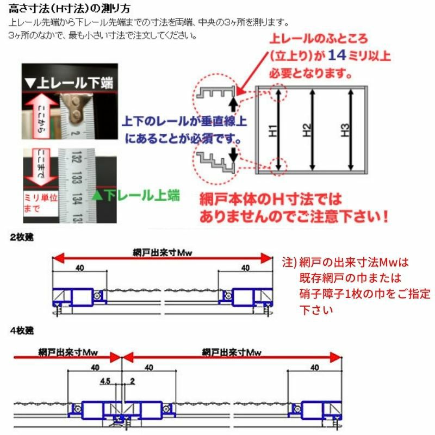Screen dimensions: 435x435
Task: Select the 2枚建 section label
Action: click(20, 238)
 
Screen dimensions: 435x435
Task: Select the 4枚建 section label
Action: click(20, 330)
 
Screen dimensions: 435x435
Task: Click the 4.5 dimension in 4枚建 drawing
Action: click(105, 383)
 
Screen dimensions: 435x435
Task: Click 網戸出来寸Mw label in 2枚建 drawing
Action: click(163, 252)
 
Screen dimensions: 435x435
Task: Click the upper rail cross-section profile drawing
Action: click(215, 94)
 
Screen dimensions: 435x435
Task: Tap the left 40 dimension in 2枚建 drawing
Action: click(79, 268)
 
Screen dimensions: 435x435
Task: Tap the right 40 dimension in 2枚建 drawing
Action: click(245, 268)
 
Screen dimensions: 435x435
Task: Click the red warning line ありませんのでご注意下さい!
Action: click(294, 216)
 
